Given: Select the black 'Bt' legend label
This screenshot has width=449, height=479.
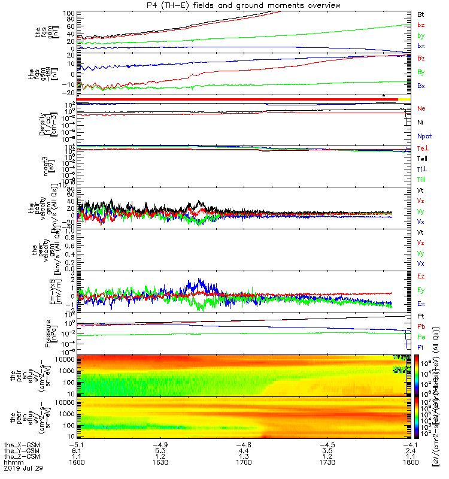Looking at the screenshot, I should click(421, 13).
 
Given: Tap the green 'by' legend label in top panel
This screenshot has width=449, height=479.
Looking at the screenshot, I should click(421, 35).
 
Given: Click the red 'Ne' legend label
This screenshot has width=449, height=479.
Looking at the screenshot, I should click(421, 108).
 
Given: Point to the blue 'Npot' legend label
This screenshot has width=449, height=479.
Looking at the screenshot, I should click(424, 136).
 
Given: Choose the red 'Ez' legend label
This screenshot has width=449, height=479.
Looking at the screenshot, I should click(421, 276).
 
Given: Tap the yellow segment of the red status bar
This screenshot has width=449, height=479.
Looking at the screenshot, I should click(405, 99).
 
